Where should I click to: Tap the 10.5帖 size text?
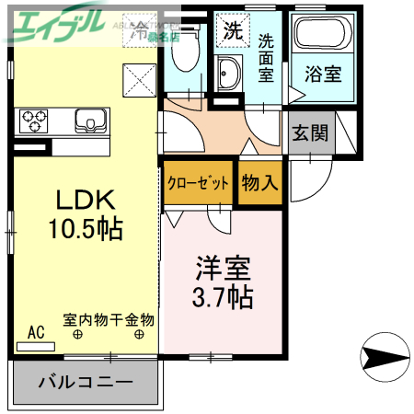(86, 227)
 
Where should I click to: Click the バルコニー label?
(86, 381)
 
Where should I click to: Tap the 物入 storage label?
(259, 182)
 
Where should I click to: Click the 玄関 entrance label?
(310, 132)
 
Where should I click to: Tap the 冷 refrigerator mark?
(141, 30)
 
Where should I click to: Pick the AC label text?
(36, 332)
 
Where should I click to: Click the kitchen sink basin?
(91, 121)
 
